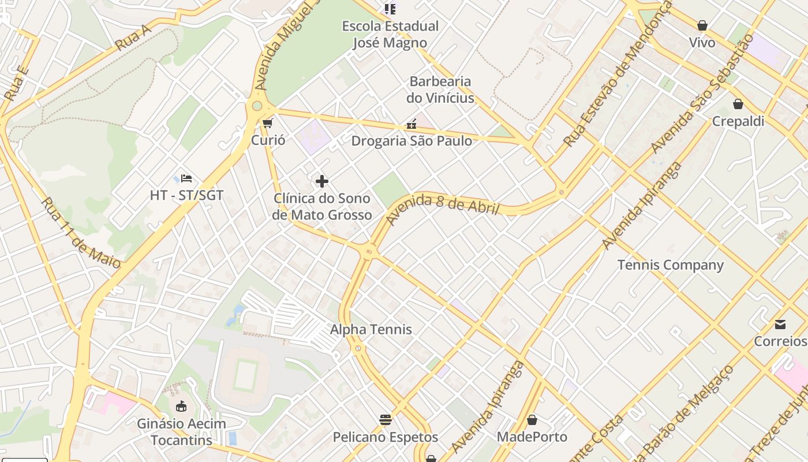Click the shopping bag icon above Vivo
tap(702, 25)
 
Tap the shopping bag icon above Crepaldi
tap(738, 104)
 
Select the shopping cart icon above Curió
tap(267, 123)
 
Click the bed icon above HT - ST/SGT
tap(186, 178)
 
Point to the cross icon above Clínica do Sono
tap(322, 181)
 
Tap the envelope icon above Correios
tap(780, 324)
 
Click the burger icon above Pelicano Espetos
tap(386, 419)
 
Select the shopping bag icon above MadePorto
tap(532, 420)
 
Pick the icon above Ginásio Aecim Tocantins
tap(181, 406)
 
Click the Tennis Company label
tap(670, 265)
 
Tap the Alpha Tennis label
tap(371, 330)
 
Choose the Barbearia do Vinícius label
tap(440, 90)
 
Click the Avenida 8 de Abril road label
tap(442, 208)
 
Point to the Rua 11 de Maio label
tap(81, 233)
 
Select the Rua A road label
tap(133, 38)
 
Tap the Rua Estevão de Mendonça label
tap(618, 74)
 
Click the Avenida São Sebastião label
tap(702, 94)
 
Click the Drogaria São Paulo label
tap(412, 141)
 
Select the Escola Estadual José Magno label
tap(390, 34)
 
